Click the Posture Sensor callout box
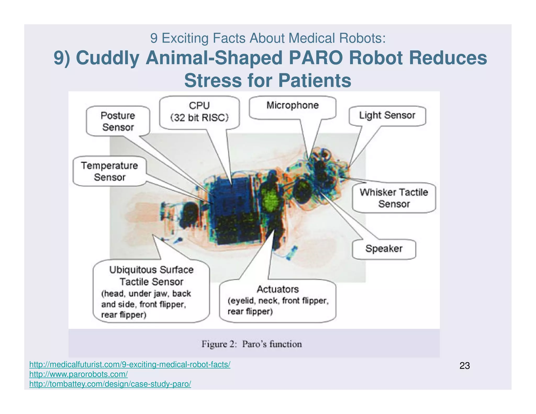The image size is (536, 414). point(118,121)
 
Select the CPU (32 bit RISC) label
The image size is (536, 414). point(199,111)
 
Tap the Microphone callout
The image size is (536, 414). point(292,105)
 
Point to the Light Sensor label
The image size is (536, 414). point(387,115)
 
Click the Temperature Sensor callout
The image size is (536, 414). point(109,171)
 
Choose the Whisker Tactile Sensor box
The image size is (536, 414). point(394,198)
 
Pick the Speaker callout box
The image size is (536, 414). point(384,249)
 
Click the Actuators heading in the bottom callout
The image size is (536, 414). point(277,289)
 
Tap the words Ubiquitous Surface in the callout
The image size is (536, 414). point(151,270)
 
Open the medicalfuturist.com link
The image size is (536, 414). point(130,364)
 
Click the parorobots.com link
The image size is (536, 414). point(78,374)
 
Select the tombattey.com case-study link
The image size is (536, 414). point(110,384)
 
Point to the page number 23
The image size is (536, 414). point(465,366)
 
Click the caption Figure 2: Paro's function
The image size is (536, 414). point(251,344)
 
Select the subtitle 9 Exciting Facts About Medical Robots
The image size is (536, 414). point(268,38)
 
